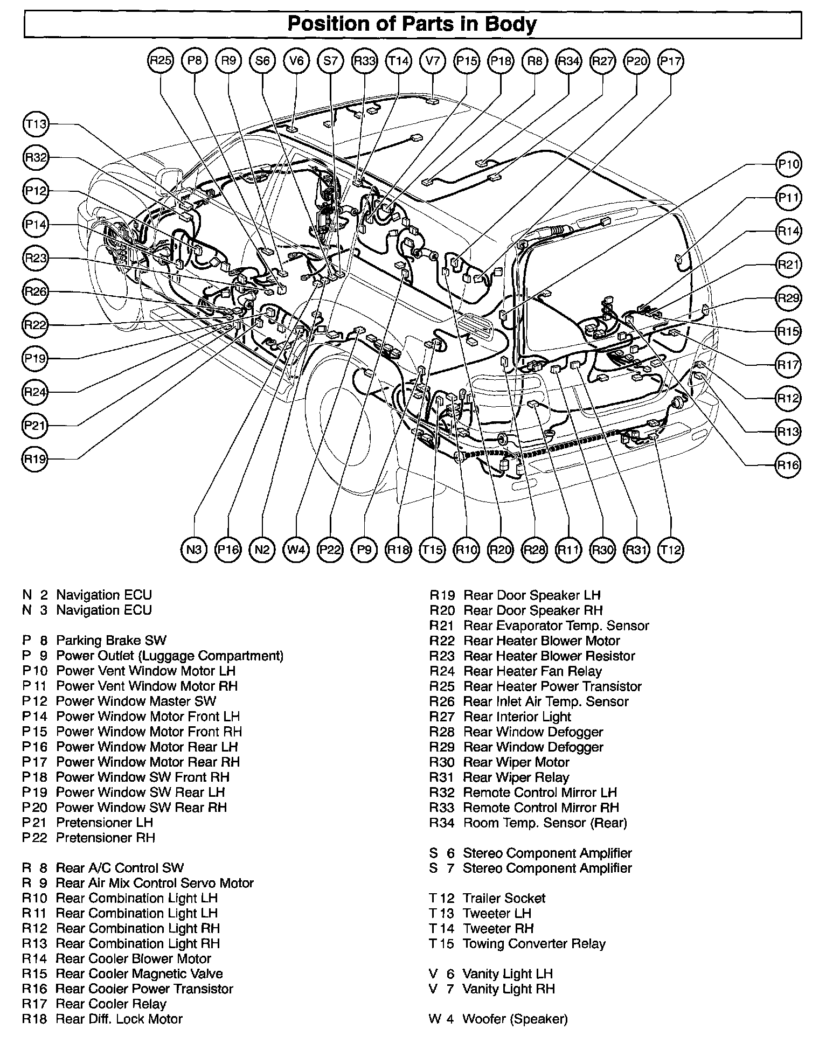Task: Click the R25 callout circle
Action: pos(161,61)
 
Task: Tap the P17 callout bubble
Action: pos(671,61)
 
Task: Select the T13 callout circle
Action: pos(36,124)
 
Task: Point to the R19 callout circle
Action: pos(36,459)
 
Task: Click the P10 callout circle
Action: pos(788,164)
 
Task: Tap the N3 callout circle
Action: pos(194,550)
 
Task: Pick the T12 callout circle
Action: pos(671,550)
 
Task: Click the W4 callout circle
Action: pos(296,550)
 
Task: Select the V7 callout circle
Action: pos(433,61)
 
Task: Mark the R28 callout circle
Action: pos(535,550)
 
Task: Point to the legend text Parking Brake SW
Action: pos(111,641)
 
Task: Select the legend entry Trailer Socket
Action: pos(504,898)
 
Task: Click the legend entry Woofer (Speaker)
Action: pos(515,1019)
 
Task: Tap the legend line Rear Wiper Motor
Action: pos(516,762)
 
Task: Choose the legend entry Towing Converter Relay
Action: pos(534,943)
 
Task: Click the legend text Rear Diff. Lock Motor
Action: pos(119,1019)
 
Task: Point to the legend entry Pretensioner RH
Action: pos(106,838)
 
